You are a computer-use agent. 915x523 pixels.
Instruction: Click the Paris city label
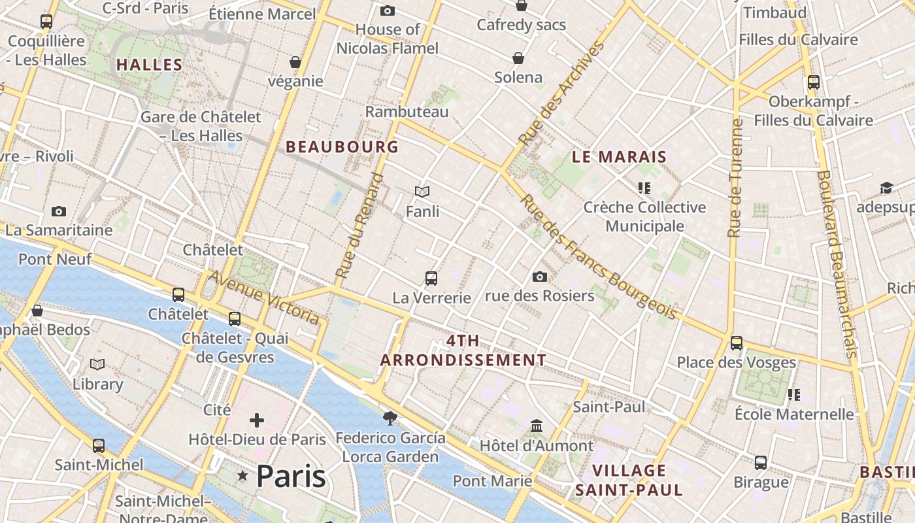[291, 476]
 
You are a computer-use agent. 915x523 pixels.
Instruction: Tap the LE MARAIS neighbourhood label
[619, 157]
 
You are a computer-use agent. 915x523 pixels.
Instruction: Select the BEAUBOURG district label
[342, 147]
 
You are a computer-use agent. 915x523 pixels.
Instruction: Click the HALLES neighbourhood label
[149, 65]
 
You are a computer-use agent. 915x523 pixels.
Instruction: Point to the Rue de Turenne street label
[735, 178]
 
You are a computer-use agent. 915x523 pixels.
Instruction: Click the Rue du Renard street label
[360, 226]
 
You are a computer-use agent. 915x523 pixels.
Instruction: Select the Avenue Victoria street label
[265, 297]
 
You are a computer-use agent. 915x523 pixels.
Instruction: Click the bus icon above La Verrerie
[431, 278]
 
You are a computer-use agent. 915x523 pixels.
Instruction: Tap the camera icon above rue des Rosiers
[540, 277]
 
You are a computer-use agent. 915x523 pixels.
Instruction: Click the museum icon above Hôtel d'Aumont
[537, 426]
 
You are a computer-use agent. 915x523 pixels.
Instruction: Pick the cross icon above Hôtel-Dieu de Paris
[257, 420]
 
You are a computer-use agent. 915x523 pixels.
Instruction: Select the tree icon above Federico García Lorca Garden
[390, 418]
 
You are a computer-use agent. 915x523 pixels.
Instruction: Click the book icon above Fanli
[422, 192]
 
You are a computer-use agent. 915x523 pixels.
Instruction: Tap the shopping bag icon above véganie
[295, 62]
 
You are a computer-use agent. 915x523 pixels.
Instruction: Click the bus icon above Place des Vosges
[737, 343]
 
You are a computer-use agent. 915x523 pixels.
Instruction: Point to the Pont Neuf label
[55, 259]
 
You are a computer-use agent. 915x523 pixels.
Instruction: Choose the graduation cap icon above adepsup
[886, 188]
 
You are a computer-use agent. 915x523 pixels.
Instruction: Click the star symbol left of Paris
[243, 477]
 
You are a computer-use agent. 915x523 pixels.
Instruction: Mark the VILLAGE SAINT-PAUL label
[629, 480]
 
